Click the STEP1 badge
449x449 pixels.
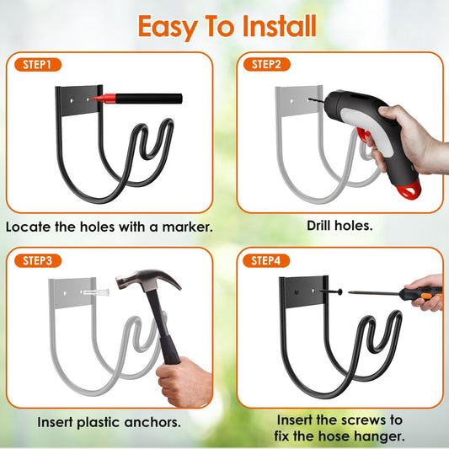38,64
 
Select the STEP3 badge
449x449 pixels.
38,260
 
